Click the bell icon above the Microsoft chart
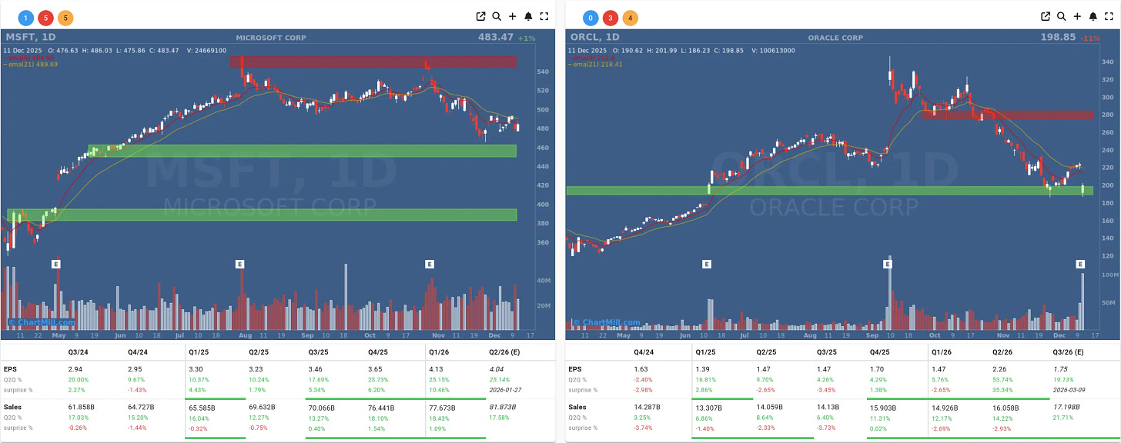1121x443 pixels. (528, 16)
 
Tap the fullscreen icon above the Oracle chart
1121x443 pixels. (1109, 16)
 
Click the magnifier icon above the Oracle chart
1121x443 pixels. (1061, 16)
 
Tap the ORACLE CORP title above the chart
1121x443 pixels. (835, 38)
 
